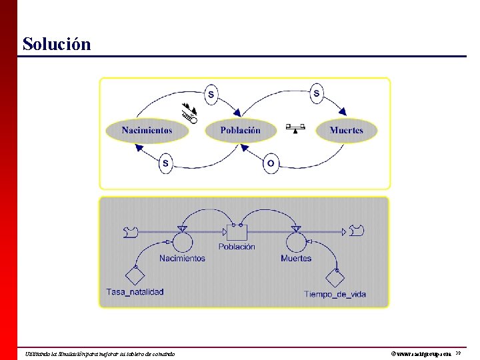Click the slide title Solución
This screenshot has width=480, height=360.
click(x=56, y=44)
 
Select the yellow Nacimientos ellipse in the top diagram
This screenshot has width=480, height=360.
click(x=147, y=131)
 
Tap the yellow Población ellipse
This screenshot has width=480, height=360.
click(x=240, y=131)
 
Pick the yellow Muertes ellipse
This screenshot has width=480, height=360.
click(x=346, y=131)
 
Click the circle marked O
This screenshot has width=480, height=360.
click(x=271, y=163)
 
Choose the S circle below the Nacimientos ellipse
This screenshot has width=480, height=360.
click(x=166, y=163)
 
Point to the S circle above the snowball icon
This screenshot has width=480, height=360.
click(x=211, y=95)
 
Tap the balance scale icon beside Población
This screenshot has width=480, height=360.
click(x=294, y=127)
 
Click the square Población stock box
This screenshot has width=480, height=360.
click(x=237, y=232)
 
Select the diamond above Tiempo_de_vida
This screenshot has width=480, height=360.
click(x=335, y=276)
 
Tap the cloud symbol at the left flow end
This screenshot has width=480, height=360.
click(x=131, y=231)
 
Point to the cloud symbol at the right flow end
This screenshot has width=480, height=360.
click(x=357, y=231)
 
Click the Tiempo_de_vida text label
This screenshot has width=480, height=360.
click(x=335, y=294)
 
